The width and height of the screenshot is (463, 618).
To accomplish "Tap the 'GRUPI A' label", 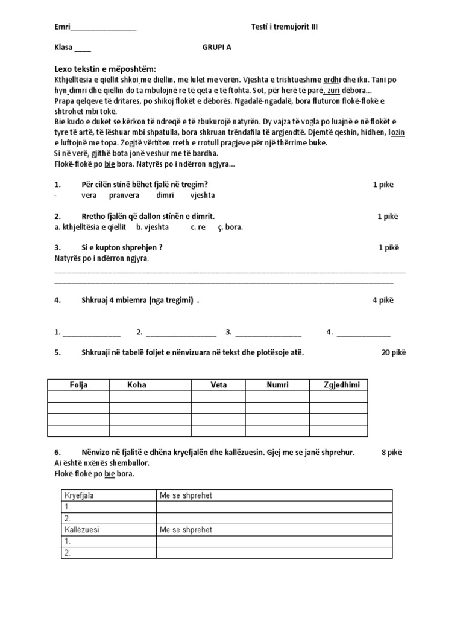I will (216, 48).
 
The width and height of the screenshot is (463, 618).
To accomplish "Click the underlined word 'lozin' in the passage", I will (397, 132).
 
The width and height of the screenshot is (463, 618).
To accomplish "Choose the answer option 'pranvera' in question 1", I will (124, 195).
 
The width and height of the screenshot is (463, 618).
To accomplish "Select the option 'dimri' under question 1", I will (165, 195).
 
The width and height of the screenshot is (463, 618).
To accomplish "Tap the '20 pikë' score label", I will (394, 352).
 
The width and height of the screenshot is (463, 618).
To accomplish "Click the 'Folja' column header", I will (78, 385).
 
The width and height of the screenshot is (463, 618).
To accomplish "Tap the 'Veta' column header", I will (218, 385).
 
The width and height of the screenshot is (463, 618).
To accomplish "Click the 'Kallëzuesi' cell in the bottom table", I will (81, 530).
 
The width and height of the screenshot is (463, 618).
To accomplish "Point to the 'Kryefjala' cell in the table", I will (79, 495).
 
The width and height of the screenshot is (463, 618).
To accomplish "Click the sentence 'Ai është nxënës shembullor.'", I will (101, 463).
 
